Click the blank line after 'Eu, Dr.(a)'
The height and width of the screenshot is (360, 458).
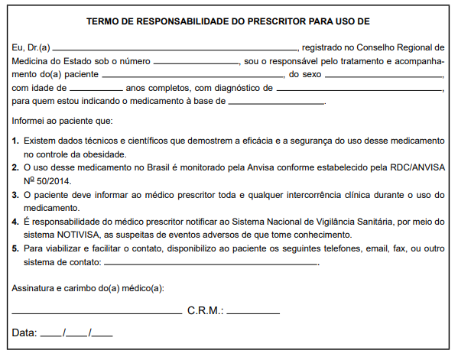176,48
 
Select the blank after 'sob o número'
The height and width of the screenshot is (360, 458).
196,61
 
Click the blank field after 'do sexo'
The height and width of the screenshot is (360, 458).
378,75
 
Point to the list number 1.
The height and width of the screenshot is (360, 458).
16,141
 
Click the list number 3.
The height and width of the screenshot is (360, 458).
16,195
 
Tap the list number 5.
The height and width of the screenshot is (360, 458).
16,248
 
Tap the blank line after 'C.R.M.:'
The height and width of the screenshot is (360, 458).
253,313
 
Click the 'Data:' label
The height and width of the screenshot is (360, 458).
24,332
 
